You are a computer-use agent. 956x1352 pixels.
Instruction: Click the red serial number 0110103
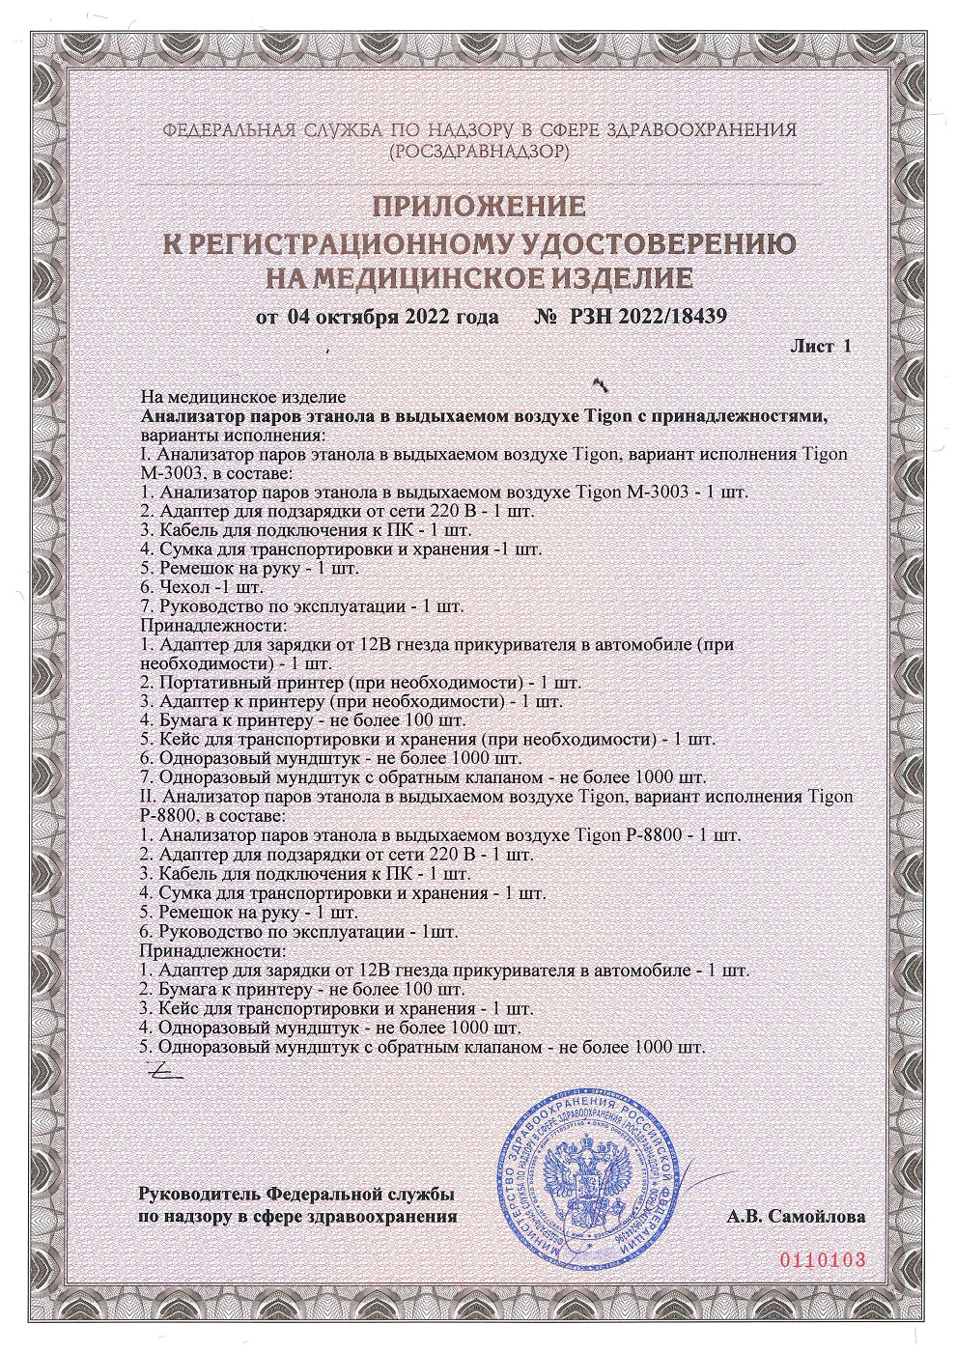(x=820, y=1260)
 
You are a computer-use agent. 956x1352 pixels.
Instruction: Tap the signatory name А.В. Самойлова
(x=796, y=1217)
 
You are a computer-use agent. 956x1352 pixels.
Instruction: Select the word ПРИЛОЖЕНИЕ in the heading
(x=478, y=207)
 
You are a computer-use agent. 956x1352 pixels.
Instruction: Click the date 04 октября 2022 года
(x=392, y=317)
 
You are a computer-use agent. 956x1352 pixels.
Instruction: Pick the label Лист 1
(x=821, y=346)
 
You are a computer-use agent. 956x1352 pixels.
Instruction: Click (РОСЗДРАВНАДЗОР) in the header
(x=478, y=152)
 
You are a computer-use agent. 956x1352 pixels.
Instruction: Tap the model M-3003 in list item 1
(x=659, y=492)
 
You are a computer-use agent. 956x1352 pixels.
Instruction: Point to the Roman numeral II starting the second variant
(x=149, y=798)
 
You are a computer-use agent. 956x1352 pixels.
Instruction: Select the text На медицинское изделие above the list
(x=243, y=397)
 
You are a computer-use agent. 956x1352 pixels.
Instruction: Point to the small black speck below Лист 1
(x=603, y=383)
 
